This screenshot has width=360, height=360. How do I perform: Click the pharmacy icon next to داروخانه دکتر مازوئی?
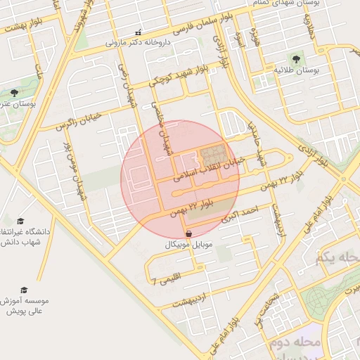(138, 32)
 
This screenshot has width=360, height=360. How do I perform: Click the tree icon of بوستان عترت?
(14, 93)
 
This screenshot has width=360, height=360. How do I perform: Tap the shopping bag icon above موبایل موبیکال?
(188, 234)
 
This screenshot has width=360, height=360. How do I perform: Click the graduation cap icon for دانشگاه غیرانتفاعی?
(20, 221)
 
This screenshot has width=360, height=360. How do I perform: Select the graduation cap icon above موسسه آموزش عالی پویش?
(25, 290)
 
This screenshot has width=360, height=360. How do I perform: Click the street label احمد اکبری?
(242, 214)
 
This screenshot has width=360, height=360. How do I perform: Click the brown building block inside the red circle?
(214, 153)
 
